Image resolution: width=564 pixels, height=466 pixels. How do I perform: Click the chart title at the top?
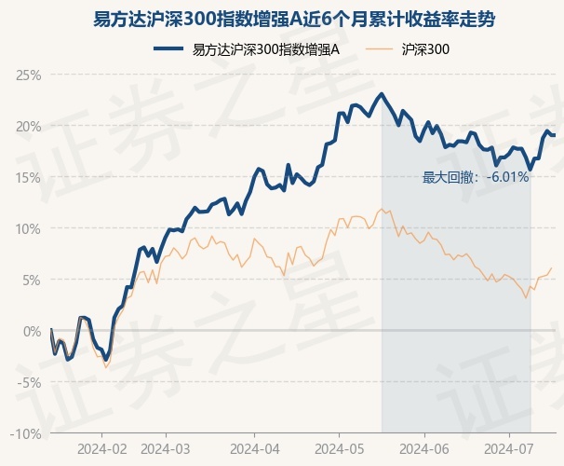tap(281, 18)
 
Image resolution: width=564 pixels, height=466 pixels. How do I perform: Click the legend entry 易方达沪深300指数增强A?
tap(265, 50)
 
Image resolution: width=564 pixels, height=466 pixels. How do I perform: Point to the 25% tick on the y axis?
tap(29, 75)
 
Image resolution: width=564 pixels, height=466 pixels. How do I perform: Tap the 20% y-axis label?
tap(29, 126)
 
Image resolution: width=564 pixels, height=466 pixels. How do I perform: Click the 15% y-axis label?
tap(29, 177)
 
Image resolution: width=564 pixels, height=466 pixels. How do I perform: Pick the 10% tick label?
tap(29, 228)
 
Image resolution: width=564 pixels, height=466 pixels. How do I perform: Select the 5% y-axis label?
tap(32, 280)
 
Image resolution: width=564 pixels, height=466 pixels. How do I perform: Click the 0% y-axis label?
tap(32, 331)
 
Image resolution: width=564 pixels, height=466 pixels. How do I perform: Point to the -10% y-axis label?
tap(27, 433)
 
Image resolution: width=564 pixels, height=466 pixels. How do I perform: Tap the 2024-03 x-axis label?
tap(166, 449)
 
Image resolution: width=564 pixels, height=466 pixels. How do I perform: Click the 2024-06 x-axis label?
tap(424, 449)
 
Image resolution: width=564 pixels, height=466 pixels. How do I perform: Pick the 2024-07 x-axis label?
tap(509, 449)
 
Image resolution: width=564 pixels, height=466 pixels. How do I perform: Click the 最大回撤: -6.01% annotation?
tap(476, 177)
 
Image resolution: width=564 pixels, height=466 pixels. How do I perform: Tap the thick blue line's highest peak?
tap(382, 94)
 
